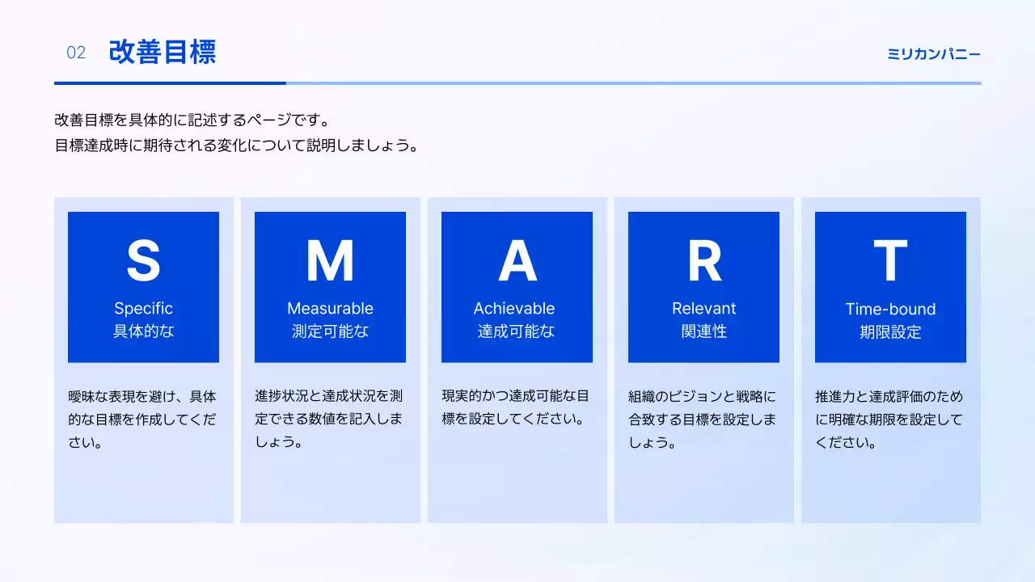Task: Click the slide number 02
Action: (76, 53)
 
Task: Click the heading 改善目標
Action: (163, 53)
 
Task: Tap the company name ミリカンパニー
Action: (934, 54)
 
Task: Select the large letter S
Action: (143, 260)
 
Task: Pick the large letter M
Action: (330, 260)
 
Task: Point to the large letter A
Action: (517, 260)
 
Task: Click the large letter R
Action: (703, 260)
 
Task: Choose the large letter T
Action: (890, 260)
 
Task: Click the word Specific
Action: (143, 308)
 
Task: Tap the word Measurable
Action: (330, 308)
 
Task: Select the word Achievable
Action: (514, 308)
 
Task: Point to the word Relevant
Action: (703, 308)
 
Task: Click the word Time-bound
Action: (890, 309)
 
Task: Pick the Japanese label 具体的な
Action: (143, 331)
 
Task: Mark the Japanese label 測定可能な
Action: (330, 331)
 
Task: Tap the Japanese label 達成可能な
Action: (516, 331)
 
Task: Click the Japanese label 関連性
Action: (703, 331)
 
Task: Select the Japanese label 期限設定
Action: (890, 332)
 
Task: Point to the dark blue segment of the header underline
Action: (170, 82)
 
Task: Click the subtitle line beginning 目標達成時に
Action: (236, 146)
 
